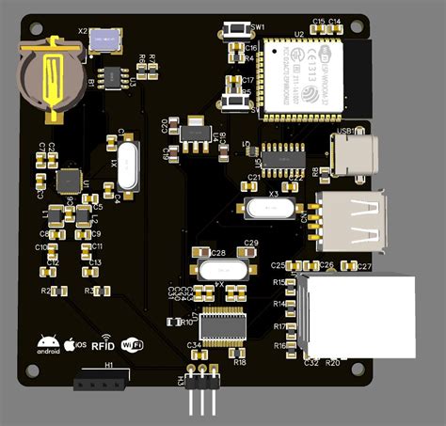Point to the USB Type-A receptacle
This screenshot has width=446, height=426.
coord(353,221)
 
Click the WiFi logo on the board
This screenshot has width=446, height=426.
coord(133,345)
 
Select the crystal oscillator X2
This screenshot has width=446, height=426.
coord(104,39)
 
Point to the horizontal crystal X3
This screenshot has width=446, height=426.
coord(272,209)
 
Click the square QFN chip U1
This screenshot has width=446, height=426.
coord(69,179)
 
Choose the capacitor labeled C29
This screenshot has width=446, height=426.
coord(250,252)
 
